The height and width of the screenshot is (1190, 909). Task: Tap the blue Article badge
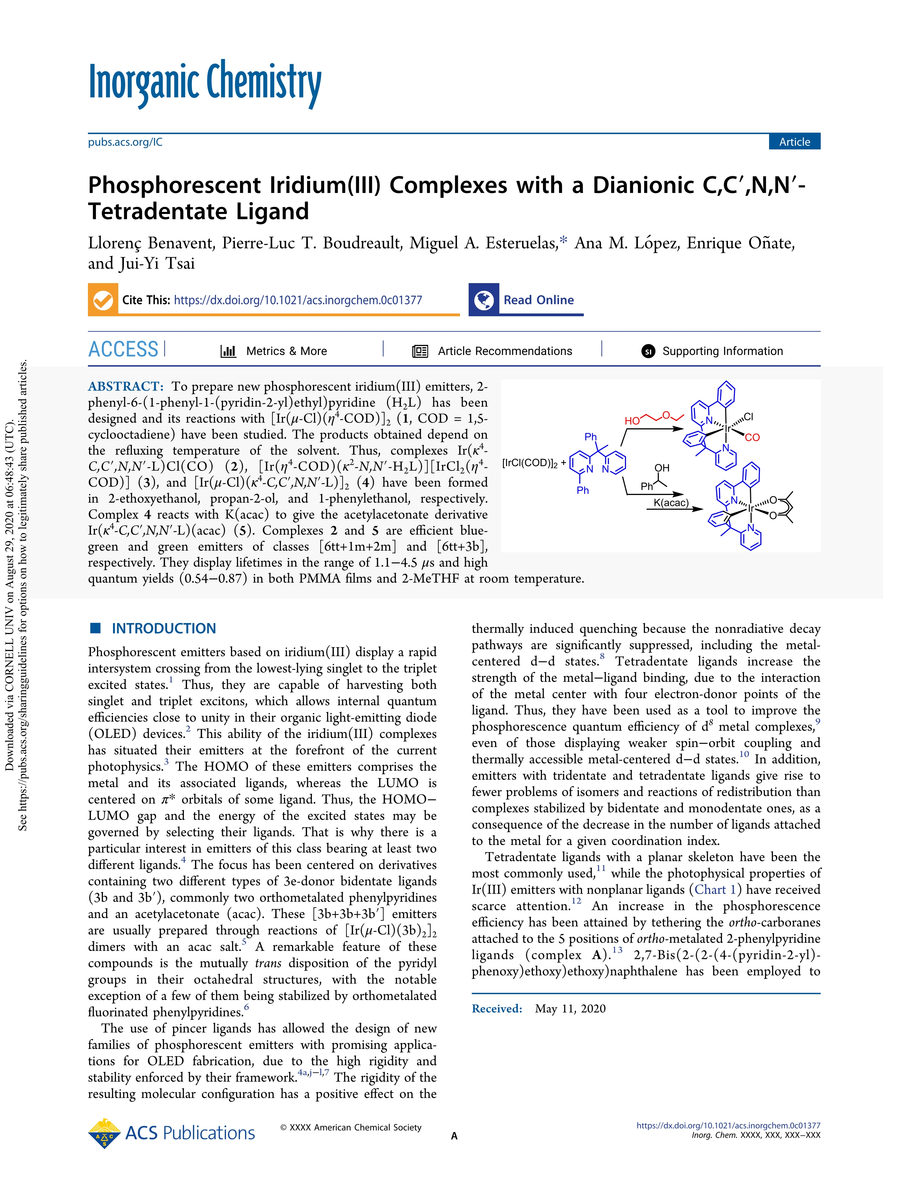[x=794, y=142]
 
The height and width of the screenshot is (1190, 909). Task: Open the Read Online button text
[x=538, y=300]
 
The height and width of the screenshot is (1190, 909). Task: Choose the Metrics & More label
[x=286, y=351]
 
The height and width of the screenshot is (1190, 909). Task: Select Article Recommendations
[x=504, y=351]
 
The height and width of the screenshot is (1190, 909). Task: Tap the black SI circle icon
[x=648, y=351]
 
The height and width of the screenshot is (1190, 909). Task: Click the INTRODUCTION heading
[x=163, y=628]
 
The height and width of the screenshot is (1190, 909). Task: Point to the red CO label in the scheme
[x=752, y=437]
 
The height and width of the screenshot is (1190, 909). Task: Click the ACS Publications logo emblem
[x=104, y=1133]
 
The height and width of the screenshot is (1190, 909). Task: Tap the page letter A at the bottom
[x=454, y=1136]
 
